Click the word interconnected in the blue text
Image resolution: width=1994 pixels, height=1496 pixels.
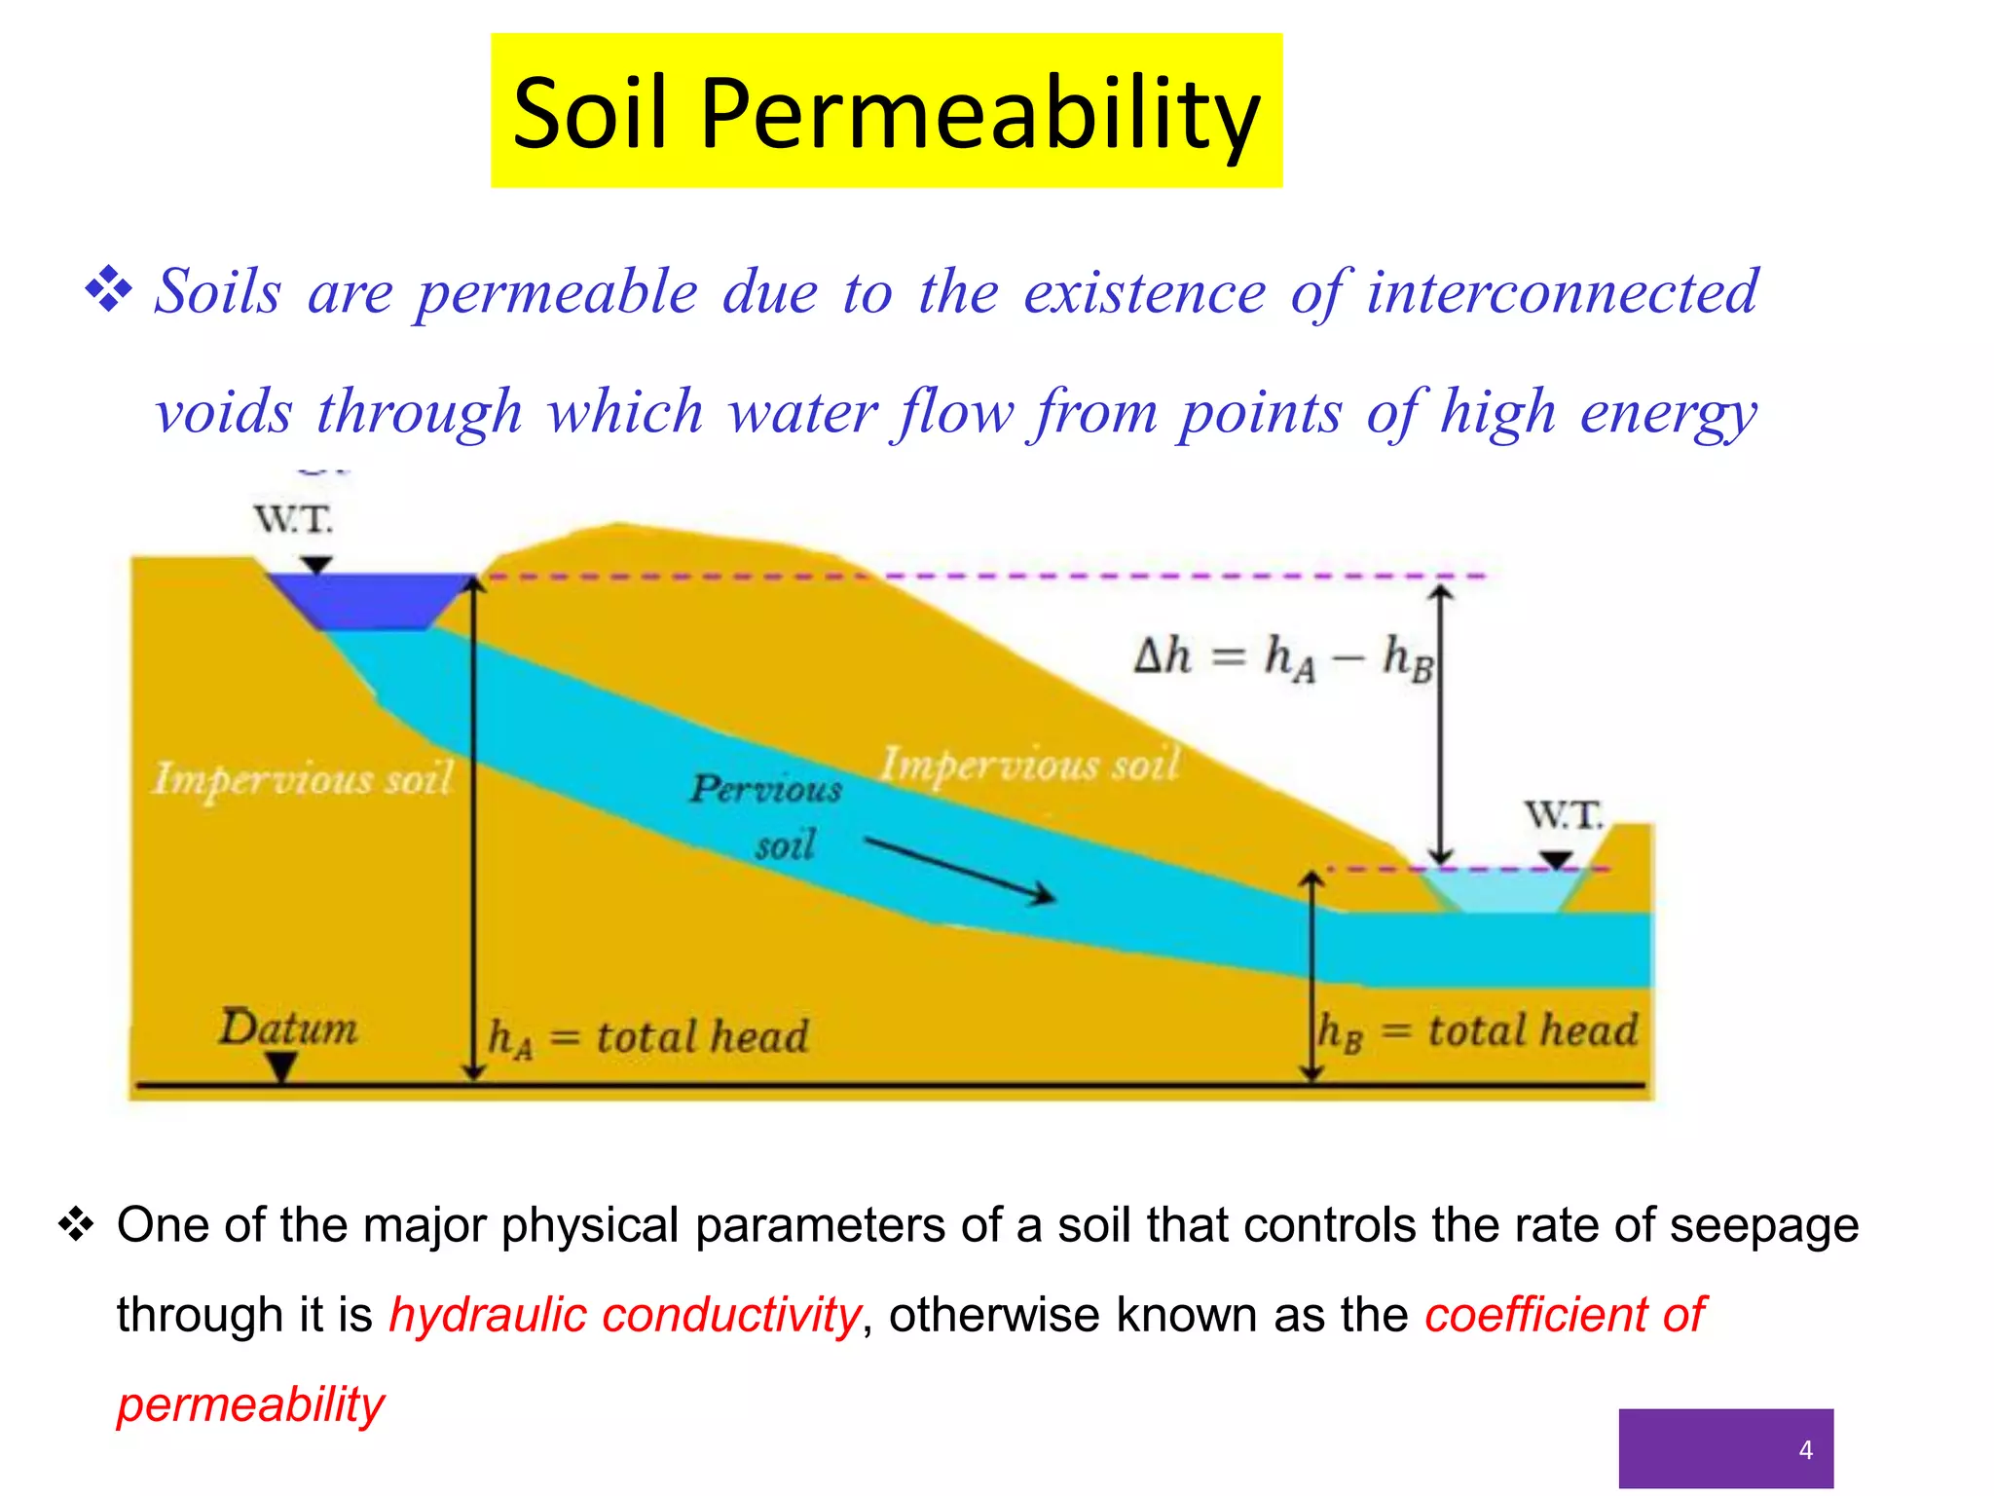pos(1562,292)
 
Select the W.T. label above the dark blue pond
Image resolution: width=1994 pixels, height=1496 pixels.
pos(293,519)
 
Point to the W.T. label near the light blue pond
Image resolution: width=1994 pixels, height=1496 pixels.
pos(1564,814)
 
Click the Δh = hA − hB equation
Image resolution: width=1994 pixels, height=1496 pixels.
pos(1283,656)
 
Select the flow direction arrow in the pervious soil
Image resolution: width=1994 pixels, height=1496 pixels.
pos(959,870)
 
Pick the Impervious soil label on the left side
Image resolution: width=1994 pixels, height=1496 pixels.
pos(303,779)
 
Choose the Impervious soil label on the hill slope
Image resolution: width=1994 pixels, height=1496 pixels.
pos(1030,765)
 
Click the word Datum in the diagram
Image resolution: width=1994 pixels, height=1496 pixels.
pos(288,1028)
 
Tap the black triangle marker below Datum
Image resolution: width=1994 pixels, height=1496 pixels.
pos(281,1067)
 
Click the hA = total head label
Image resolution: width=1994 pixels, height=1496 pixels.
pos(648,1037)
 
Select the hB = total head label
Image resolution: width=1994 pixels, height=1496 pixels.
pos(1477,1031)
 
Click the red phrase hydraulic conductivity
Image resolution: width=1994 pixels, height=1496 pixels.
pos(624,1315)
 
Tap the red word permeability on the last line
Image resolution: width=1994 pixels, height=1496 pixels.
pos(251,1404)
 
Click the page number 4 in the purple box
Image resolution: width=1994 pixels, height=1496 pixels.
pos(1805,1450)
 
